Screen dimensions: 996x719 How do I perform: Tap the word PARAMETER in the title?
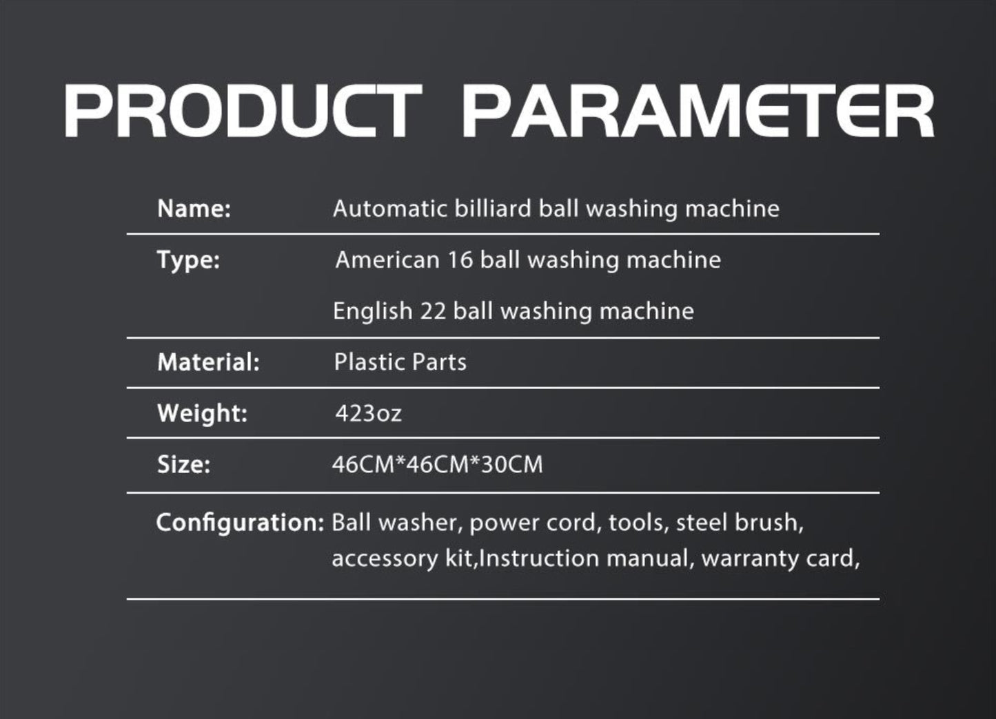[x=698, y=111]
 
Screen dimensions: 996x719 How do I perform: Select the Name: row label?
[x=194, y=209]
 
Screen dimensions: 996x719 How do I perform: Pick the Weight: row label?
[x=203, y=414]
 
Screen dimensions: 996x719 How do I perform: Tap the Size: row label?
[x=183, y=464]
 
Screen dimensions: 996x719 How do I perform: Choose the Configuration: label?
[x=240, y=523]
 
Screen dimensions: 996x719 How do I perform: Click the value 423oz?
[x=369, y=413]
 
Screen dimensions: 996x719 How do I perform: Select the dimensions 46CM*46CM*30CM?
[x=438, y=464]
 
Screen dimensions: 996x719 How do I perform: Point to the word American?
[x=387, y=260]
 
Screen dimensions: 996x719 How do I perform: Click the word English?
[x=373, y=311]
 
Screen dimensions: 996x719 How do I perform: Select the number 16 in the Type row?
[x=460, y=260]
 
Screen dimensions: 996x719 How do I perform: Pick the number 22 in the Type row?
[x=433, y=311]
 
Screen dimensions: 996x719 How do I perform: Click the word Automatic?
[x=390, y=209]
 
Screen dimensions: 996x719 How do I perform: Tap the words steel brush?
[x=740, y=522]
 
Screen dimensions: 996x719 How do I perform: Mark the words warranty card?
[x=781, y=559]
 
